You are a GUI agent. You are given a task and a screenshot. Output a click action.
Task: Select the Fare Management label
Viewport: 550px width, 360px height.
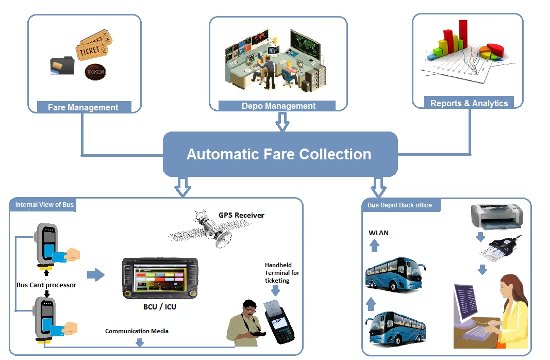84,107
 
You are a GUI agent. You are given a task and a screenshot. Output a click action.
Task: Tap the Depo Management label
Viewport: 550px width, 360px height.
278,106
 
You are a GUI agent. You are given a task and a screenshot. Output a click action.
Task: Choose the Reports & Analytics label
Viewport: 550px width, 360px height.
469,103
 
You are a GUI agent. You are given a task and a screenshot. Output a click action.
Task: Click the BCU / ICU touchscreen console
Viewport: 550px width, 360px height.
160,279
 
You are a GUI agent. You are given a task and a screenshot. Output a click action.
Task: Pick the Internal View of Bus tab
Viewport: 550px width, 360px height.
44,205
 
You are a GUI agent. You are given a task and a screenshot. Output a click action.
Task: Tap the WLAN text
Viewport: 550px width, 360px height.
378,233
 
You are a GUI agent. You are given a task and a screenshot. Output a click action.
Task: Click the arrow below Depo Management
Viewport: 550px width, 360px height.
282,123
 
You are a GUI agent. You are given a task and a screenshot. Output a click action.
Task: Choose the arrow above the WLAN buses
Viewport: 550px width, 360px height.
375,246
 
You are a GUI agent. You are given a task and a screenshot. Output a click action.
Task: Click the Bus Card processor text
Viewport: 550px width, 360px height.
46,285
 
